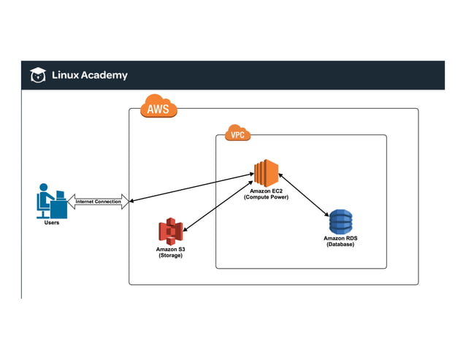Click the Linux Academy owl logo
tap(37, 75)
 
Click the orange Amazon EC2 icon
tap(266, 172)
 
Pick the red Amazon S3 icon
tap(170, 232)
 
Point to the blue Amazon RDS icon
tap(340, 221)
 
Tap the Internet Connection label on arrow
tap(99, 202)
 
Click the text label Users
tap(50, 223)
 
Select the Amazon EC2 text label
tap(266, 191)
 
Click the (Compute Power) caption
tap(266, 197)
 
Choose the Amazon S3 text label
tap(171, 250)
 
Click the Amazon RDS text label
tap(340, 238)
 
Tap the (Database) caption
tap(340, 245)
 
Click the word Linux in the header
tap(66, 75)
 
